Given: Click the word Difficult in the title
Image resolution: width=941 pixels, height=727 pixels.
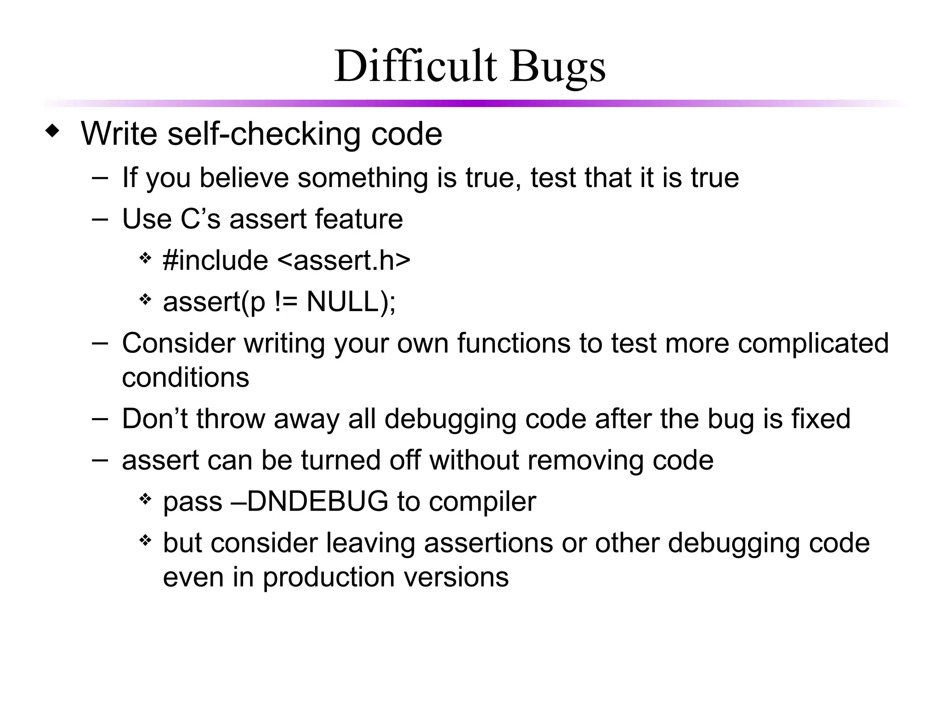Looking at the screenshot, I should (x=415, y=67).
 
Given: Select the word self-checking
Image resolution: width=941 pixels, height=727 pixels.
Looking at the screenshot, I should (x=264, y=134).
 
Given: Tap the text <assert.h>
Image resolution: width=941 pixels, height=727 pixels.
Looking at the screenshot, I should (x=344, y=261).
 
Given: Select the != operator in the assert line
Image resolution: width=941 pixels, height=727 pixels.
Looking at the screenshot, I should (x=286, y=302).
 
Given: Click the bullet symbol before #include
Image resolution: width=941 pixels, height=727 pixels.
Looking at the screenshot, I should (x=145, y=258).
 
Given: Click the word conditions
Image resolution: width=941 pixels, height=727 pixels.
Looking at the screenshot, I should (x=186, y=378).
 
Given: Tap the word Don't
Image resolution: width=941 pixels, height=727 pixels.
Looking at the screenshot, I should (x=154, y=419).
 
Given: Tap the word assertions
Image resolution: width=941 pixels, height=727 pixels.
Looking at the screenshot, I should (x=488, y=543).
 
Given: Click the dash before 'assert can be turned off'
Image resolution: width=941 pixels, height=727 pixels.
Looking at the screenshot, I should (x=100, y=460).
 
